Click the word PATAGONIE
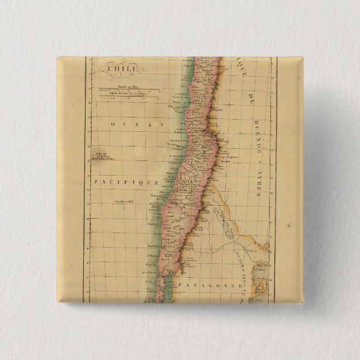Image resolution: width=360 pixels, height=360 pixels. [x=210, y=285]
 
